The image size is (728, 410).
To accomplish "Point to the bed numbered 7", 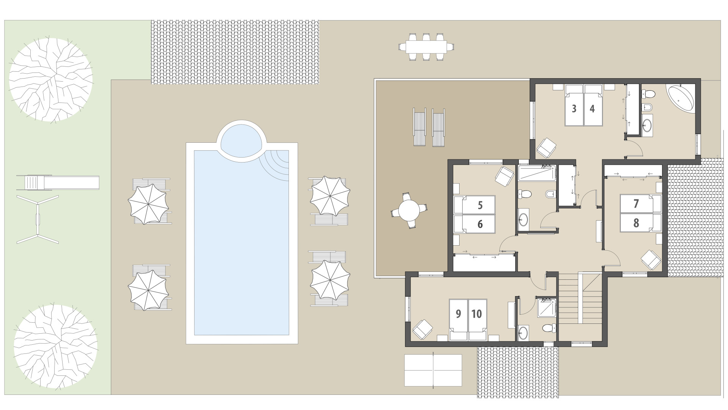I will click(x=636, y=203).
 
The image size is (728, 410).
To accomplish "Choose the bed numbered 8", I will click(x=636, y=222).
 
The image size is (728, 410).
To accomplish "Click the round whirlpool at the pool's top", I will click(x=242, y=140).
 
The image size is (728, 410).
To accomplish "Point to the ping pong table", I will click(x=433, y=370).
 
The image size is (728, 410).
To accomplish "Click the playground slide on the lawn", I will click(x=58, y=183).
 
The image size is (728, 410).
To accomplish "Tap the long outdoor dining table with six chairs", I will click(x=427, y=47).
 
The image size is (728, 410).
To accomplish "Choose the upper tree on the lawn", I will click(x=50, y=79).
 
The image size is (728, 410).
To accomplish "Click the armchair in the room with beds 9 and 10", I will click(x=422, y=329).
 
